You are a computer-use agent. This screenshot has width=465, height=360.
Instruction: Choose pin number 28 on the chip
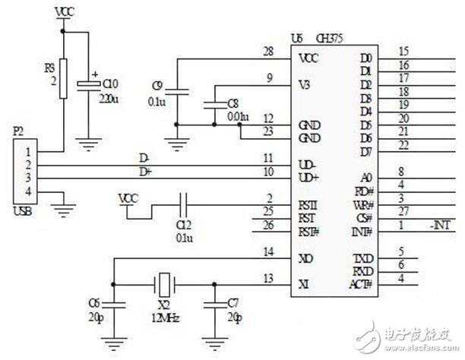pos(267,51)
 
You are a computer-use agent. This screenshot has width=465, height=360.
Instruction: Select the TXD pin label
pos(364,258)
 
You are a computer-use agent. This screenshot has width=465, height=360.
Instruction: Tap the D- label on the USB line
pos(144,157)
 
